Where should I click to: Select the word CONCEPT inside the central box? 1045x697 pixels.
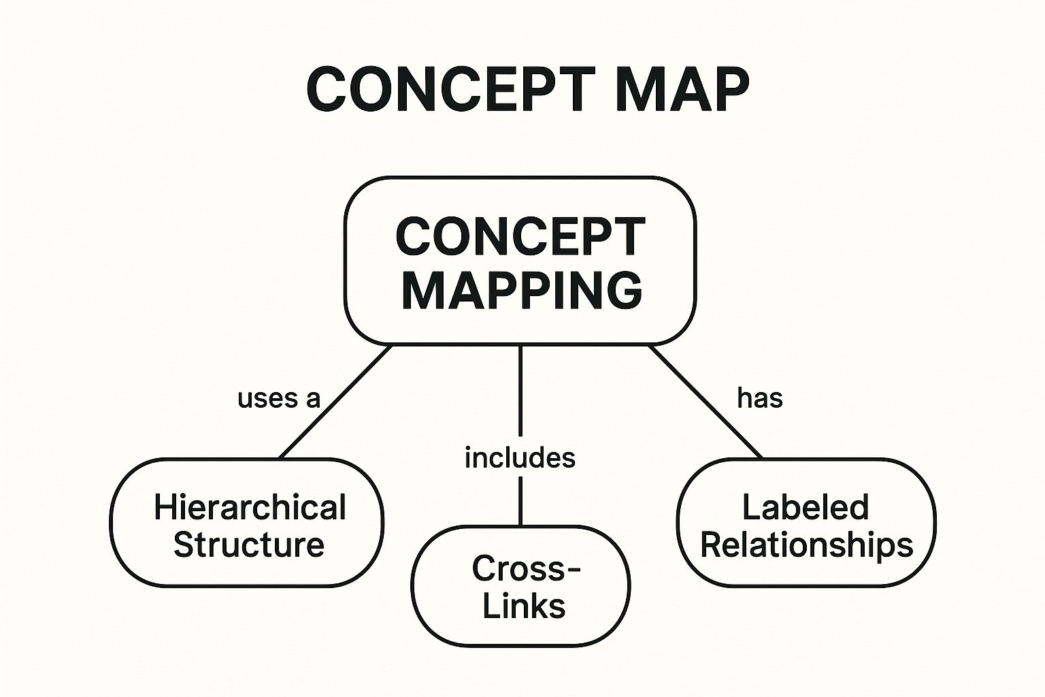[x=520, y=238]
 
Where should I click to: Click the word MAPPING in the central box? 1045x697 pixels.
[x=522, y=290]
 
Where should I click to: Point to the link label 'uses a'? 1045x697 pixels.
[x=278, y=399]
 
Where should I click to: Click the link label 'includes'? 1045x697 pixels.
[x=520, y=458]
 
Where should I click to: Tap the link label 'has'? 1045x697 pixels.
[x=760, y=398]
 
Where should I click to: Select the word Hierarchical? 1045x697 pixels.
[x=250, y=508]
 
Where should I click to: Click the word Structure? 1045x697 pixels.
[x=249, y=545]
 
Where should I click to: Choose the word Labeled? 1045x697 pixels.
[x=806, y=508]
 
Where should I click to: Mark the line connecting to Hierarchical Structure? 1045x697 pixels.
[x=336, y=402]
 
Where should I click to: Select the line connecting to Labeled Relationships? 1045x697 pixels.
[x=706, y=402]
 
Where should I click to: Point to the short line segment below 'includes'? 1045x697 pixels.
[x=520, y=501]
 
